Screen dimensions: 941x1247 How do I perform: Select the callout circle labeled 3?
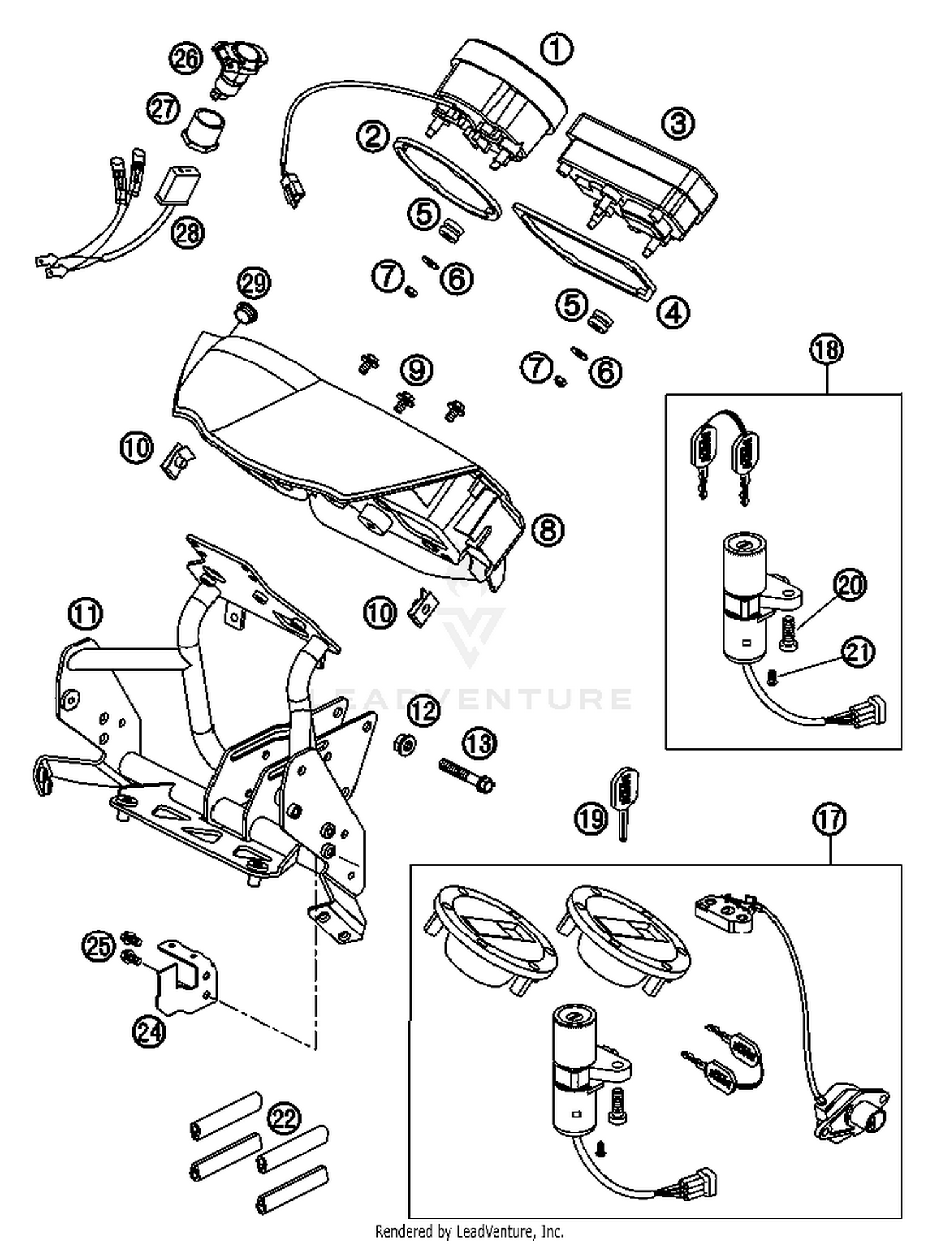(x=678, y=123)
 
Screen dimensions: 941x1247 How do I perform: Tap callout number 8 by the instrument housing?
(x=547, y=530)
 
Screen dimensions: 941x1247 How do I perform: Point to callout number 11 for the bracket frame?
(x=86, y=613)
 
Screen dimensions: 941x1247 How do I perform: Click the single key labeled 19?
(x=622, y=804)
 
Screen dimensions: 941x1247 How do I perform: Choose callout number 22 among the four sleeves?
(x=284, y=1117)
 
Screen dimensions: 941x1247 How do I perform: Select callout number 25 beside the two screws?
(x=99, y=946)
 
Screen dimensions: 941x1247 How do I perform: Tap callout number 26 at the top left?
(x=186, y=58)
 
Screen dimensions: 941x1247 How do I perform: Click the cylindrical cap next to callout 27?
(x=204, y=129)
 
